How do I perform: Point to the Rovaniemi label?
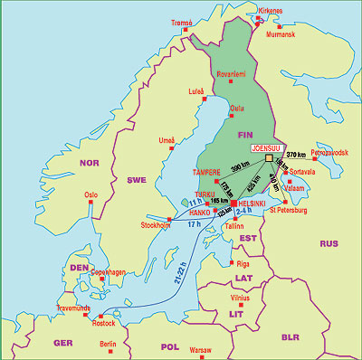tap(230, 74)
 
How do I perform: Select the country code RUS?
tap(329, 243)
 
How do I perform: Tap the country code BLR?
tap(291, 336)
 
